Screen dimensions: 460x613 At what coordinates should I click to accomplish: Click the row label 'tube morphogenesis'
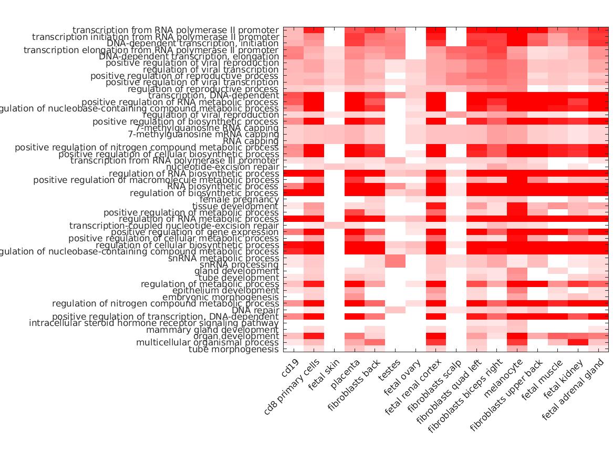click(x=234, y=350)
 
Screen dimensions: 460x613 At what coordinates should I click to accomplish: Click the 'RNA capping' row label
click(x=251, y=141)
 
